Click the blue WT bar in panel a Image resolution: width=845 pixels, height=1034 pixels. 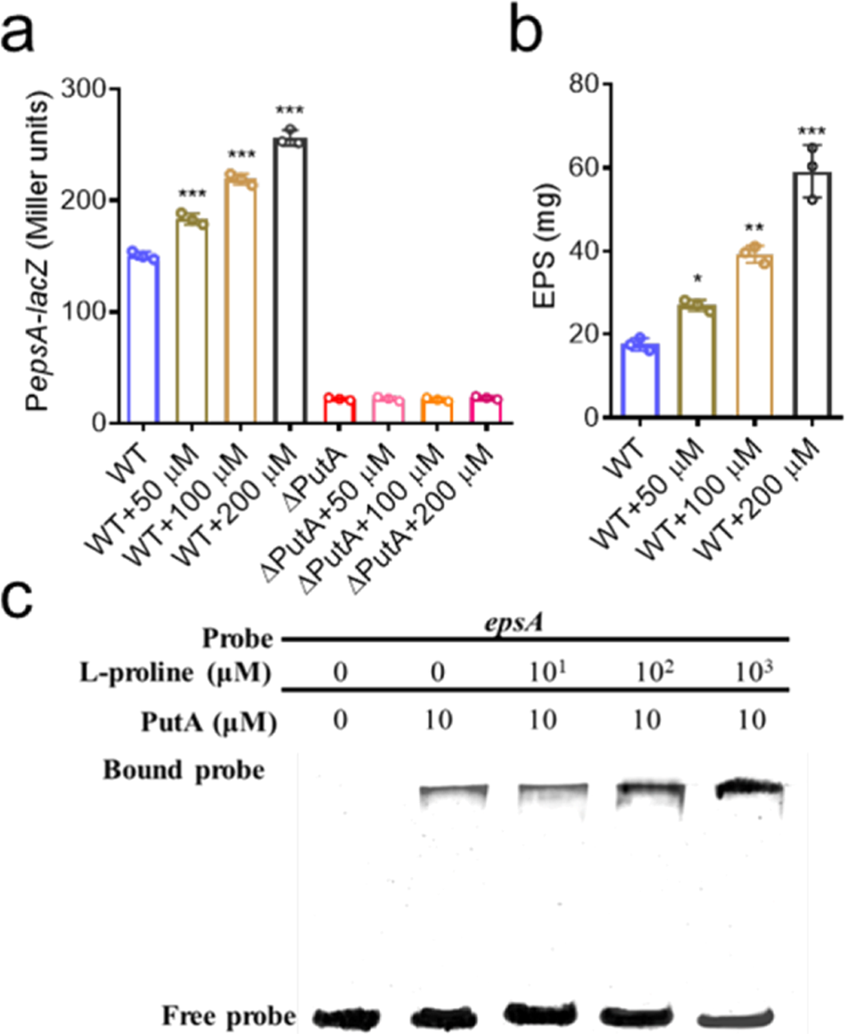[x=143, y=340]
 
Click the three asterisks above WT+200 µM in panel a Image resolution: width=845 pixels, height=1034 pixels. [x=290, y=110]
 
